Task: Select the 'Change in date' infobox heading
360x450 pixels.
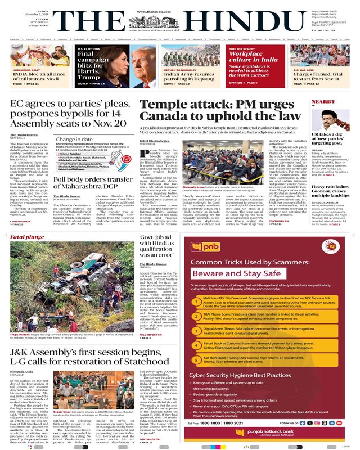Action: pyautogui.click(x=74, y=138)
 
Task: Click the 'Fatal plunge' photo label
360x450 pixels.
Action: pyautogui.click(x=23, y=237)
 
